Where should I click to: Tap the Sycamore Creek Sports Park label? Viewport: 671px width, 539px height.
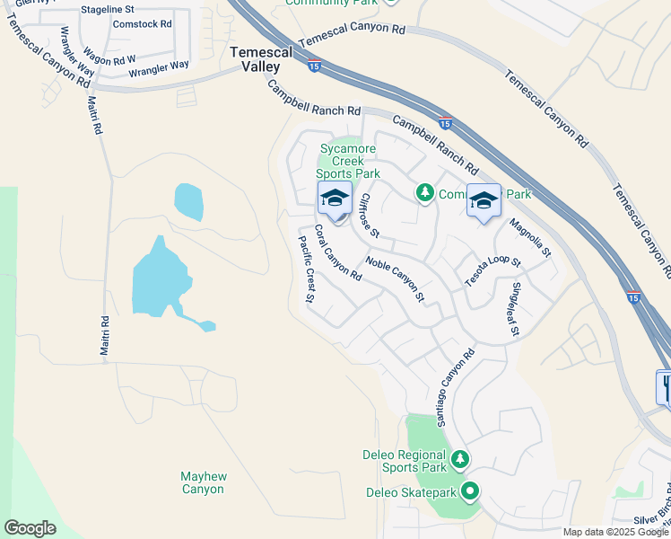point(350,161)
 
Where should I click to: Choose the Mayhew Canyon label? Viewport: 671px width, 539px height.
point(202,482)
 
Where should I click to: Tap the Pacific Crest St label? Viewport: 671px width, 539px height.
point(306,269)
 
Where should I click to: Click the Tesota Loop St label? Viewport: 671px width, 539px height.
point(492,270)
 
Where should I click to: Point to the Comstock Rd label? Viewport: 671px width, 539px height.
point(142,24)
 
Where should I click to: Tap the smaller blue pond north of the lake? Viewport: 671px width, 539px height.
point(188,201)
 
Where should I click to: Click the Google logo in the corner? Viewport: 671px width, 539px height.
point(30,528)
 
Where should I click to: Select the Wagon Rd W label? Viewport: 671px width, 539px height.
point(109,58)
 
